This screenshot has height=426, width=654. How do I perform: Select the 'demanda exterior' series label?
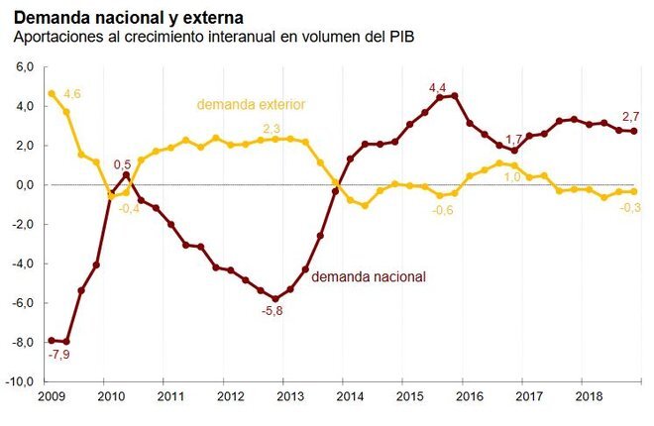pyautogui.click(x=251, y=104)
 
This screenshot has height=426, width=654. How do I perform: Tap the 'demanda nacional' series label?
pyautogui.click(x=369, y=277)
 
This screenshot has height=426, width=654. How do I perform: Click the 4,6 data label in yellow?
pyautogui.click(x=71, y=94)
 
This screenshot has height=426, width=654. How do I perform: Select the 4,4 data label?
pyautogui.click(x=438, y=88)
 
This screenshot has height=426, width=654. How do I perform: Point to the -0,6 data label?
pyautogui.click(x=443, y=210)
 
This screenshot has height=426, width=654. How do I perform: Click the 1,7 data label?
pyautogui.click(x=513, y=139)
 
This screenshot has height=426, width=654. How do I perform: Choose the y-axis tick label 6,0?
pyautogui.click(x=25, y=67)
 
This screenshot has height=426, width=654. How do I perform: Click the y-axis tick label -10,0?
pyautogui.click(x=21, y=382)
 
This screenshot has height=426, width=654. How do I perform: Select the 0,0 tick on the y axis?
pyautogui.click(x=25, y=185)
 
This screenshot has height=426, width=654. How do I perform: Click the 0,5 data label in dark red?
pyautogui.click(x=122, y=164)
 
